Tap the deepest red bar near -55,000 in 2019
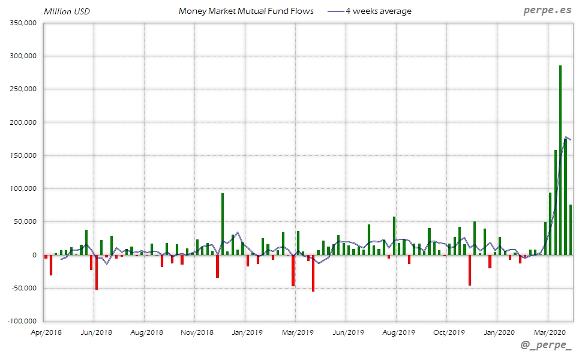coord(313,273)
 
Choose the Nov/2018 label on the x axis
coord(197,332)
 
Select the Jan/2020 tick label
coord(499,332)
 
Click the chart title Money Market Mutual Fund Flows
coord(246,11)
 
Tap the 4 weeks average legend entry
coord(370,11)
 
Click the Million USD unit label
coord(67,11)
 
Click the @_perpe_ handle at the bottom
coord(546,346)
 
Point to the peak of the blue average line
coord(566,137)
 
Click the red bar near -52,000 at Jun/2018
coord(96,272)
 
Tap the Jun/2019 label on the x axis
coord(348,332)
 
